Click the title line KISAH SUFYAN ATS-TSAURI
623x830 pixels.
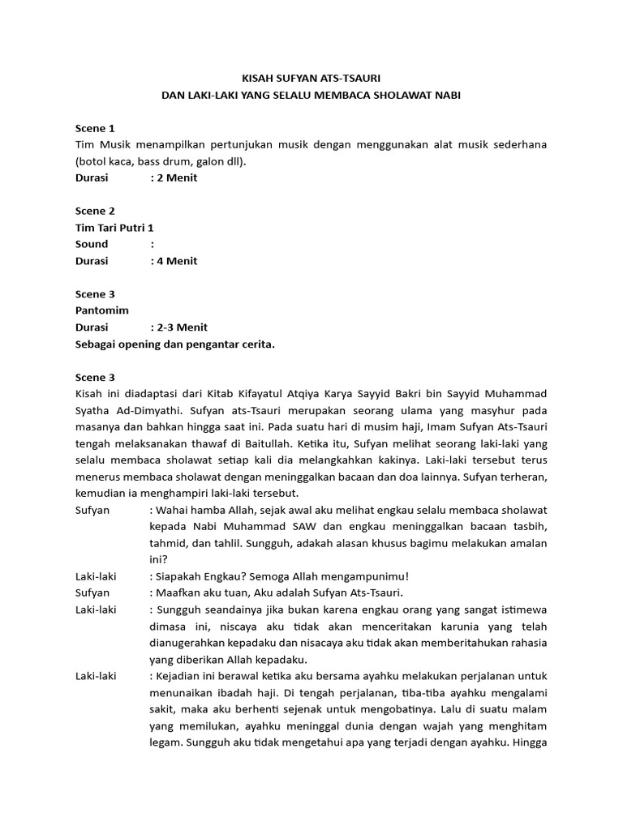311,78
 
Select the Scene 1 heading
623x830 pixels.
95,128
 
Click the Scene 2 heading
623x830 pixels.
95,211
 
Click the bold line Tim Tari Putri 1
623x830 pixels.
114,228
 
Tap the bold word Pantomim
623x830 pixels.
102,310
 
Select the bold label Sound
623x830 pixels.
92,244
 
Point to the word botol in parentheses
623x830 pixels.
93,161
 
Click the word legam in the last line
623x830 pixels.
165,742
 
